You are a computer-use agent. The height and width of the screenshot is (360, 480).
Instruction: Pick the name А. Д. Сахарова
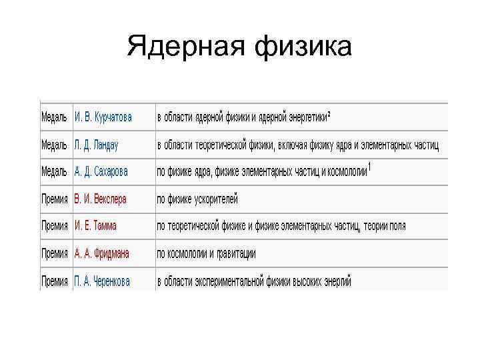pyautogui.click(x=101, y=171)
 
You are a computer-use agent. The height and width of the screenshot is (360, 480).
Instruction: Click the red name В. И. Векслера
pyautogui.click(x=100, y=199)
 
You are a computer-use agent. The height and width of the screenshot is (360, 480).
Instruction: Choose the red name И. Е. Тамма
pyautogui.click(x=95, y=226)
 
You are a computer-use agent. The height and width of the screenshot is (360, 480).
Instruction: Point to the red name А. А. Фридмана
pyautogui.click(x=101, y=253)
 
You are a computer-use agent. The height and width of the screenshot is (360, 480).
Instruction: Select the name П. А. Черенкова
pyautogui.click(x=102, y=281)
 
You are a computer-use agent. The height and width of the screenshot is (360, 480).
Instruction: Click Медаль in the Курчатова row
pyautogui.click(x=54, y=117)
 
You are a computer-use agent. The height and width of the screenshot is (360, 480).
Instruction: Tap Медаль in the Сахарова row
pyautogui.click(x=54, y=171)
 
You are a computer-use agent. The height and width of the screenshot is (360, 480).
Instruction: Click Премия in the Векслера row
pyautogui.click(x=55, y=199)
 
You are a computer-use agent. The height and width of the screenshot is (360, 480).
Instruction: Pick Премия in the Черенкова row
pyautogui.click(x=55, y=281)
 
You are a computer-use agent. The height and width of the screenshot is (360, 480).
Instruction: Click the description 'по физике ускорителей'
pyautogui.click(x=197, y=199)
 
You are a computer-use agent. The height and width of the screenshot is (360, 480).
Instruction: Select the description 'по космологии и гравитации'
pyautogui.click(x=206, y=253)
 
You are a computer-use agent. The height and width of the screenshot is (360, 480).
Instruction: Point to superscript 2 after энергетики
pyautogui.click(x=329, y=114)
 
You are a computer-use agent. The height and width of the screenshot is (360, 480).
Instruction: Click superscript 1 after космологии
pyautogui.click(x=369, y=167)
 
